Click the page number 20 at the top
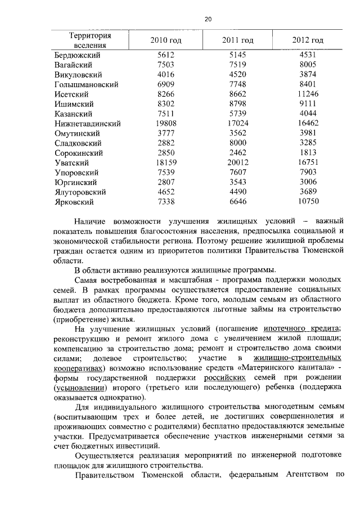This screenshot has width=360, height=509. [208, 19]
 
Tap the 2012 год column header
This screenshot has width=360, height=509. [308, 40]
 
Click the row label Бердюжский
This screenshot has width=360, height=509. [78, 55]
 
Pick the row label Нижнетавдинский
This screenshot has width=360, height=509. [87, 123]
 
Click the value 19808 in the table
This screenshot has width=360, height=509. [165, 123]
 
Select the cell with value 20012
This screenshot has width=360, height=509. [238, 163]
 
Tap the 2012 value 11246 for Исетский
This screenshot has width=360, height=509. [308, 94]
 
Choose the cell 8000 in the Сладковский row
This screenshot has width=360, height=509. [238, 143]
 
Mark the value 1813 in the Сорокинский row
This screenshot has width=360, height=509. [308, 152]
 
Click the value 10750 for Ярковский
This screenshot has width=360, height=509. [308, 201]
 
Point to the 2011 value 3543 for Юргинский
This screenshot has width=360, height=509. [238, 182]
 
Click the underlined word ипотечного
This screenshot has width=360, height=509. [285, 328]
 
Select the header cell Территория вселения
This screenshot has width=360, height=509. [88, 40]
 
